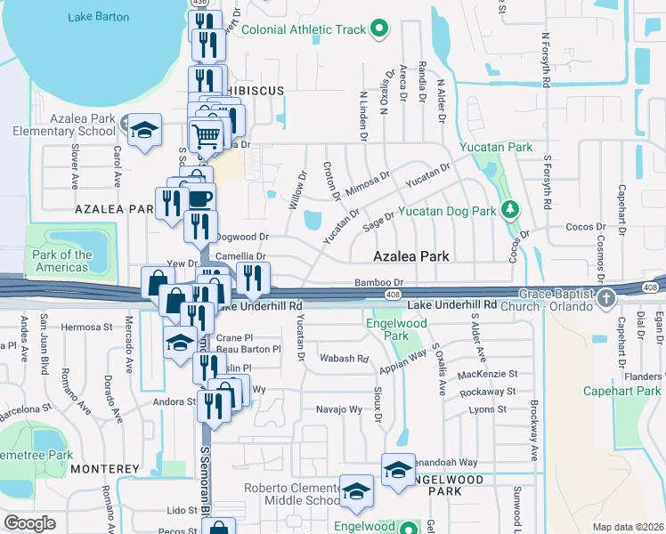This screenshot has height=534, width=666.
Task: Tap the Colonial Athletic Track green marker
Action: [x=378, y=30]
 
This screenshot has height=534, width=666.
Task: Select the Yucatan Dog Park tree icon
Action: [x=509, y=211]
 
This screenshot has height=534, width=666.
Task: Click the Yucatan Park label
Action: [x=495, y=147]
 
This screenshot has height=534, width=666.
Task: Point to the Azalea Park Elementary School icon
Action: [x=142, y=131]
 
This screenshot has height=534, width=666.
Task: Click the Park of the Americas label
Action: [x=62, y=261]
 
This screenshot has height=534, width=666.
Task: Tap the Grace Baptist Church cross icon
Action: [x=606, y=297]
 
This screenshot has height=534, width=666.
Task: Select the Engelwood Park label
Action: [x=387, y=330]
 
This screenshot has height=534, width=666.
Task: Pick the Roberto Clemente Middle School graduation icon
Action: [x=355, y=491]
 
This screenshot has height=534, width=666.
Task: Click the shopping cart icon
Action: [x=207, y=136]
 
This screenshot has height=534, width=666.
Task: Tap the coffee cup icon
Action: [x=199, y=197]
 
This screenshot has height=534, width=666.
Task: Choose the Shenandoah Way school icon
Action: [x=398, y=469]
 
